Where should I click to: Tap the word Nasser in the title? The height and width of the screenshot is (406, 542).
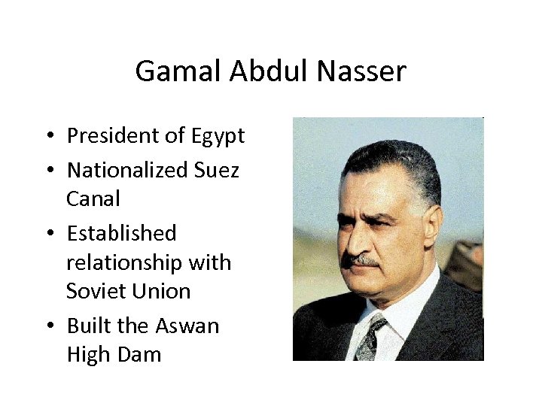point(361,72)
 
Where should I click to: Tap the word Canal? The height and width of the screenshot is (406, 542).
point(93,199)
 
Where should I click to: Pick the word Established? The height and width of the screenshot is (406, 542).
point(121,234)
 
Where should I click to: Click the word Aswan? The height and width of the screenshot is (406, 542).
point(187,326)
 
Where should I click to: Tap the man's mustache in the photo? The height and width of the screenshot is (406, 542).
point(361,260)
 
